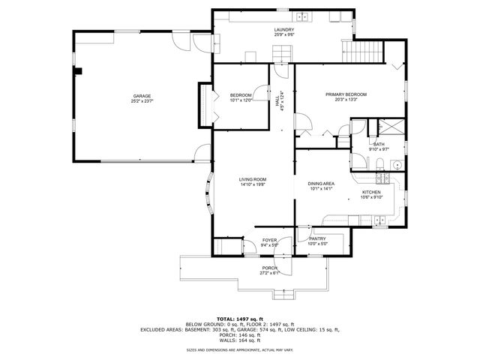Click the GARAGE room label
[142, 96]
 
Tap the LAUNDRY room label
[283, 29]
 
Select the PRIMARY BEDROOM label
[346, 94]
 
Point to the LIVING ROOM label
[253, 179]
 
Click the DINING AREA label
[321, 184]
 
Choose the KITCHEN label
[372, 192]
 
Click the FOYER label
[269, 240]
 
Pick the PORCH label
[269, 268]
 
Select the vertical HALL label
[277, 98]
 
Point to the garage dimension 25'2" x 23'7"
[142, 102]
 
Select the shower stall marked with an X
[391, 127]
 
